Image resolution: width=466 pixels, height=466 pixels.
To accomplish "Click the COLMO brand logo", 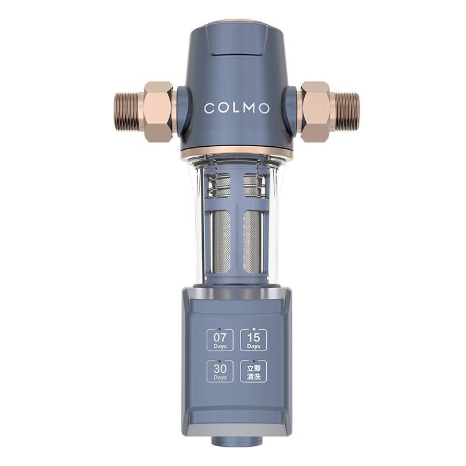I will tap(236, 108).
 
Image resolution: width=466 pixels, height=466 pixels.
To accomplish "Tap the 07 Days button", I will tap(220, 340).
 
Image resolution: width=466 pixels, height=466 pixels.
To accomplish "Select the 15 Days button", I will tap(253, 340).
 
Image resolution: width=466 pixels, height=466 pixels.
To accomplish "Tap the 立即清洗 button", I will tap(253, 371).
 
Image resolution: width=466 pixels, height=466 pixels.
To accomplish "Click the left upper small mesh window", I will tap(221, 185).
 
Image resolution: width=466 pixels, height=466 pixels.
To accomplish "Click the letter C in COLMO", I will tap(208, 108).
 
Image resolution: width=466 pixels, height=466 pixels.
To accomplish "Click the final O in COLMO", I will tap(265, 108).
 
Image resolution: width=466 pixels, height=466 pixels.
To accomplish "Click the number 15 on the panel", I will tap(253, 337).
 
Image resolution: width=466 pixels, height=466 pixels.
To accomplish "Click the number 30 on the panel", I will tap(220, 368).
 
